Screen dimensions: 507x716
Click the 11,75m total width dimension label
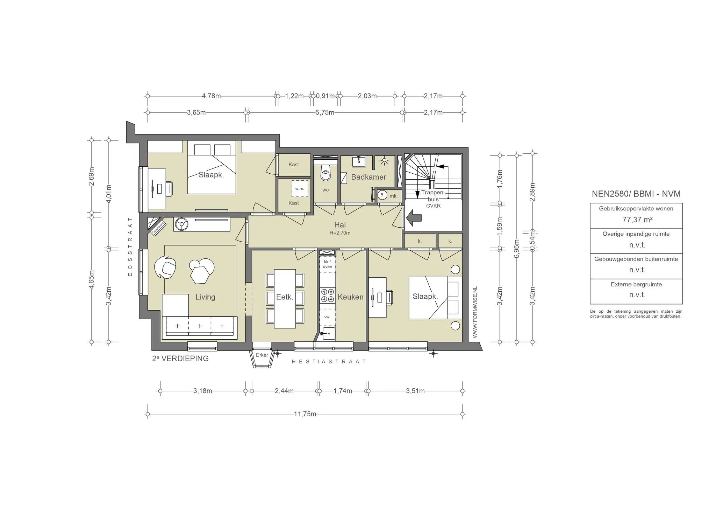pos(305,414)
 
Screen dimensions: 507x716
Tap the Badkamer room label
pos(368,177)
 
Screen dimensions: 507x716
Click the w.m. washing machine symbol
pos(300,188)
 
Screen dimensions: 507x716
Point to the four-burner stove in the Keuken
pos(327,295)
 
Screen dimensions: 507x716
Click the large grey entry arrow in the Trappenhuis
pos(414,218)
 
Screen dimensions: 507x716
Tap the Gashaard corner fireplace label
pos(158,228)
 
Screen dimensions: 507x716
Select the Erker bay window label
pos(262,355)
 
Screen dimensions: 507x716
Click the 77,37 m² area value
pos(637,220)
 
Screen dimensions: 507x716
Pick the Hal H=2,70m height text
pos(340,233)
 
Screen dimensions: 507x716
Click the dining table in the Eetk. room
pos(285,298)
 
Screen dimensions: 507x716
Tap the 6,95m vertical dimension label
pos(517,248)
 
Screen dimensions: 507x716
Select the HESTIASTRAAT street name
pos(329,362)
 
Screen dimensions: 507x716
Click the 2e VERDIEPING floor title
pos(180,359)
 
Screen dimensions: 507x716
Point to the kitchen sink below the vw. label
pos(328,334)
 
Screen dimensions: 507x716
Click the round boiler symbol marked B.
pos(382,195)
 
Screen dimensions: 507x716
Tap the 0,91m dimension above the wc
pos(325,96)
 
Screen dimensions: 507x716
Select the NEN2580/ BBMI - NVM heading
pos(636,194)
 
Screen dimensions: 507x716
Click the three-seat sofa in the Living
pos(199,326)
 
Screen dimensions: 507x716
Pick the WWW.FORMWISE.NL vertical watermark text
pos(474,312)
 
